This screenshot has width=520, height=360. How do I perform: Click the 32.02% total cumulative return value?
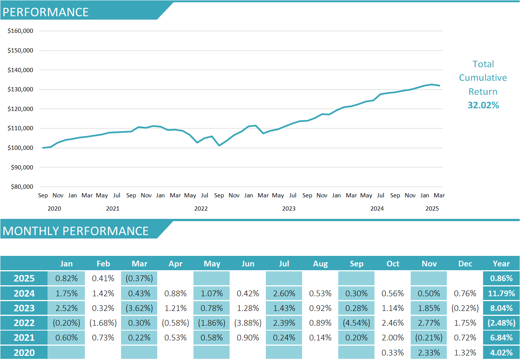pyautogui.click(x=483, y=105)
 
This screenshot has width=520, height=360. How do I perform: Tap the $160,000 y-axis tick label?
pyautogui.click(x=20, y=31)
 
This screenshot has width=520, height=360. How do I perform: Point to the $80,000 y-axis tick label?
pyautogui.click(x=22, y=187)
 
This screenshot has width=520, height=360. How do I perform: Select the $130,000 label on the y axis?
pyautogui.click(x=20, y=89)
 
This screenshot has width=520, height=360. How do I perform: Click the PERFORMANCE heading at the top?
pyautogui.click(x=46, y=12)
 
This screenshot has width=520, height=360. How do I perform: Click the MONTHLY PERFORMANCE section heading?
pyautogui.click(x=75, y=231)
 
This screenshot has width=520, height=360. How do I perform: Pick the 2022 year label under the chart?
pyautogui.click(x=201, y=209)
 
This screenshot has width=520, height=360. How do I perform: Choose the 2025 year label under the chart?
pyautogui.click(x=432, y=209)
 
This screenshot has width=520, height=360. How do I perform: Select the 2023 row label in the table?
pyautogui.click(x=24, y=308)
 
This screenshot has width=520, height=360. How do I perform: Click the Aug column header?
pyautogui.click(x=320, y=264)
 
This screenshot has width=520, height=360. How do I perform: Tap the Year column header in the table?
pyautogui.click(x=501, y=264)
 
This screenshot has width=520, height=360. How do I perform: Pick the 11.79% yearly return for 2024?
pyautogui.click(x=501, y=294)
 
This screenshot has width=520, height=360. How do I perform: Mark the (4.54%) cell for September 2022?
pyautogui.click(x=356, y=323)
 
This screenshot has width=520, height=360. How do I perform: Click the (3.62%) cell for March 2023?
pyautogui.click(x=139, y=308)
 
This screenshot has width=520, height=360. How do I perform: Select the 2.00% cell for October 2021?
pyautogui.click(x=393, y=338)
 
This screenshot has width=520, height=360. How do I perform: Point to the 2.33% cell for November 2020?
pyautogui.click(x=429, y=353)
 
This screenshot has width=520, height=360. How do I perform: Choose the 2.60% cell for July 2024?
pyautogui.click(x=284, y=294)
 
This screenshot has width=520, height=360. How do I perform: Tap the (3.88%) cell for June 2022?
pyautogui.click(x=248, y=323)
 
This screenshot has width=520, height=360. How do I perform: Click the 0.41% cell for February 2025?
pyautogui.click(x=103, y=278)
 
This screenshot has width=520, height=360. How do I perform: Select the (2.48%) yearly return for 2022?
pyautogui.click(x=501, y=323)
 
